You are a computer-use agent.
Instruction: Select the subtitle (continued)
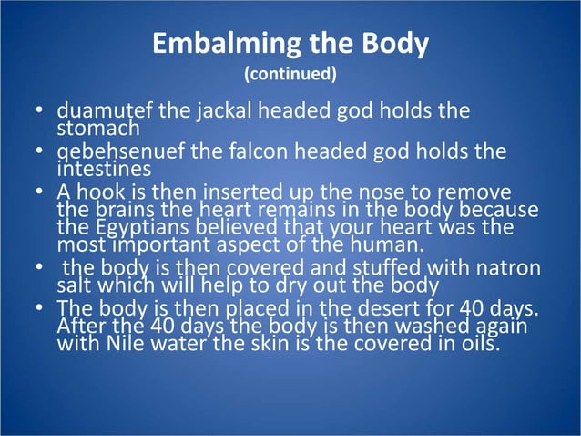click(x=290, y=72)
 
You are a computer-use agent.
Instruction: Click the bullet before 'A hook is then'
click(x=40, y=192)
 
